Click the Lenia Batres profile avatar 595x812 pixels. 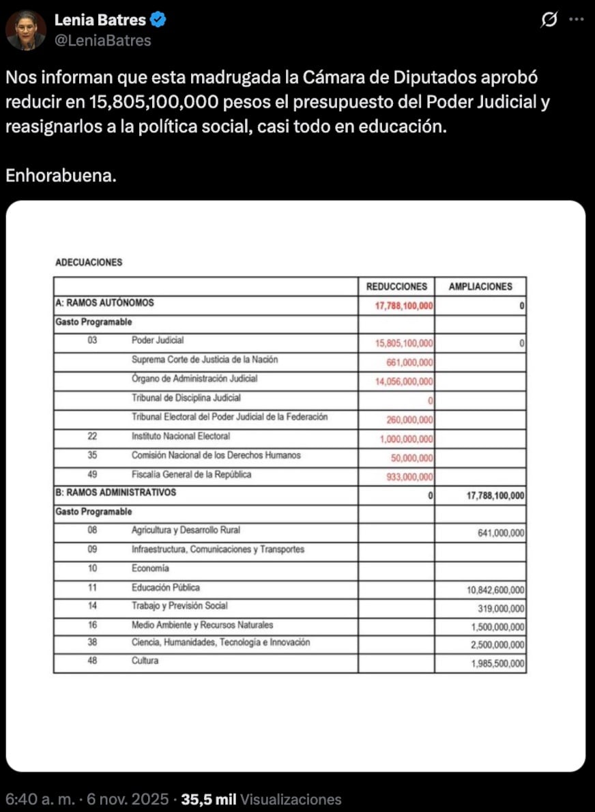point(26,31)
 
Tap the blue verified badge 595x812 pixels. point(158,21)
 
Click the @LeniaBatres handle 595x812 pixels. point(102,40)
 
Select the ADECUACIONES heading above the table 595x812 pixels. point(88,262)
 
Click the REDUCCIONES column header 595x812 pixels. point(396,287)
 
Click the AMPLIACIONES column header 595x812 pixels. point(480,287)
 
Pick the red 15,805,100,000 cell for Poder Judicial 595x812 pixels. point(404,344)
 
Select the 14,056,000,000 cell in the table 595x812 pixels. point(404,382)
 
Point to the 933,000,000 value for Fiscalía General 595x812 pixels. point(409,478)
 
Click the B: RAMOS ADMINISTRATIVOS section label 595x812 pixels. point(115,492)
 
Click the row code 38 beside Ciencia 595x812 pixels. point(93,642)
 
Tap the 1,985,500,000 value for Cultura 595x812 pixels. point(497,663)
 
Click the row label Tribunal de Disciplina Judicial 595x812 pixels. point(186,398)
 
